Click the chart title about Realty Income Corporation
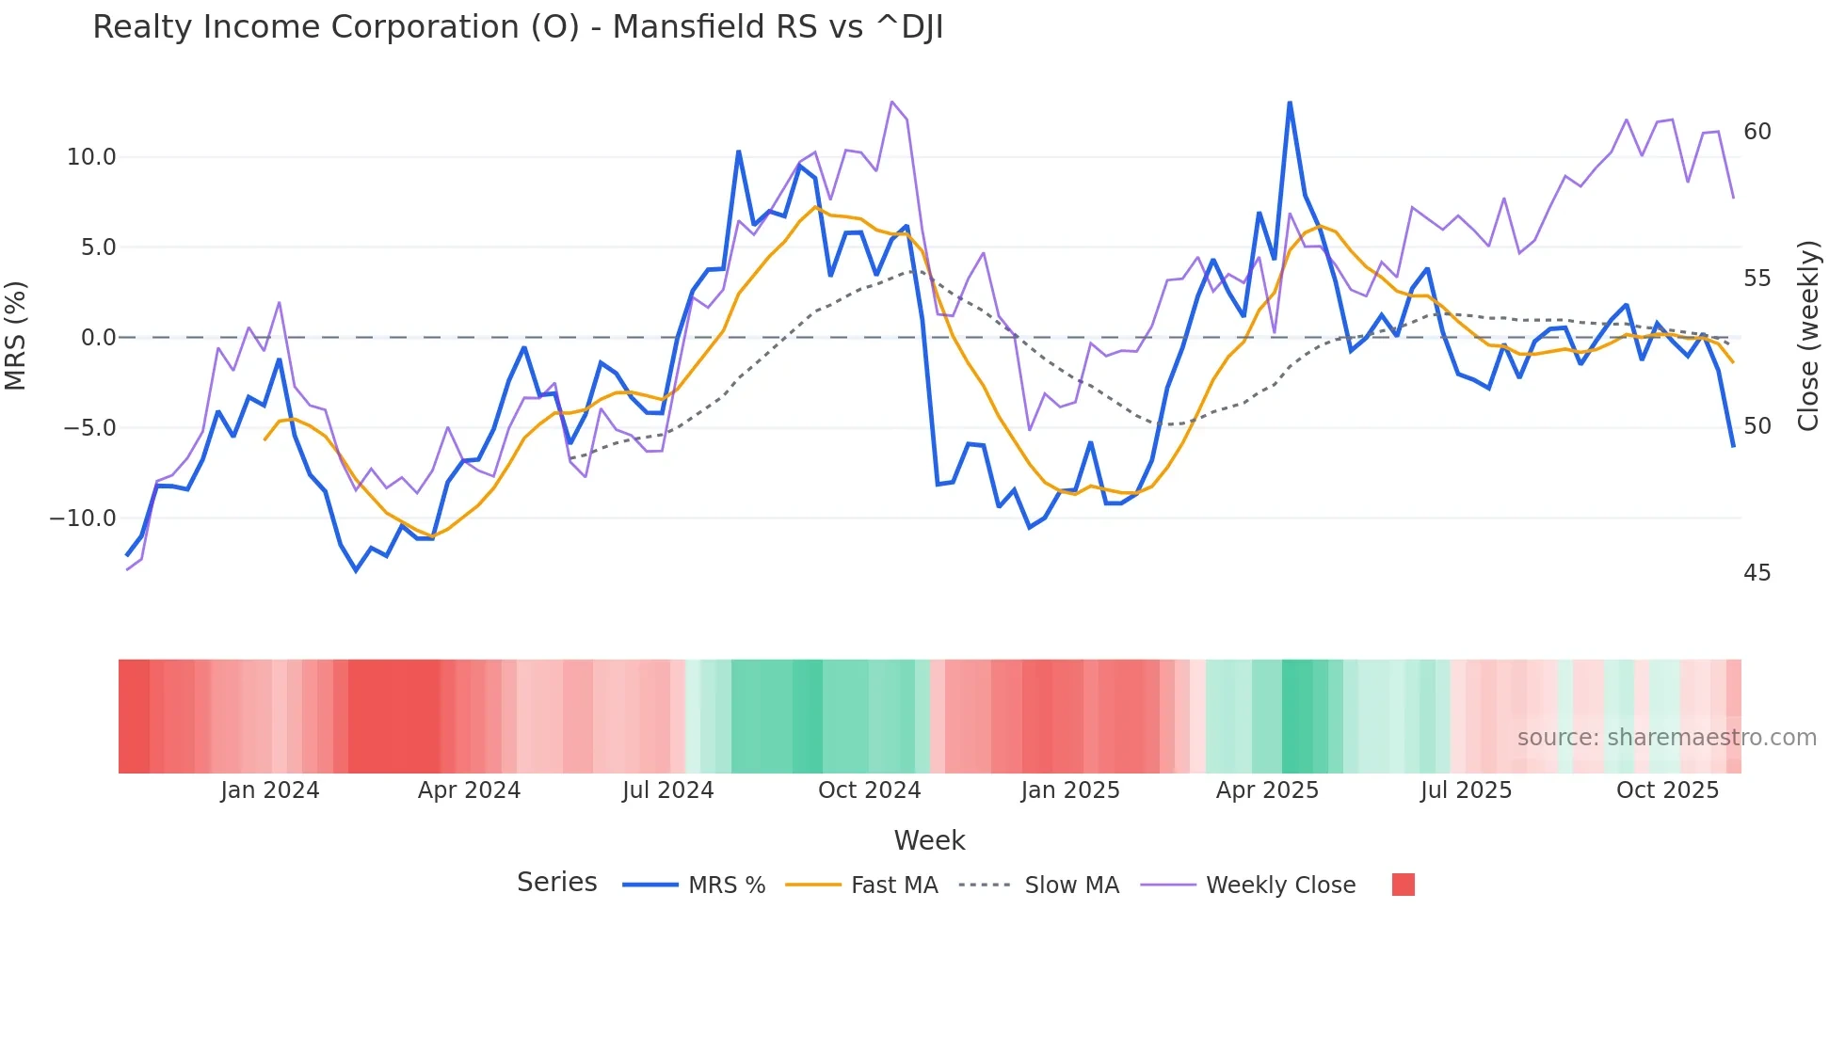pos(518,27)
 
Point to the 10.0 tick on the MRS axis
pos(91,157)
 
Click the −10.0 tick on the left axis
pos(83,518)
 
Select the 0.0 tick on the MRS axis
pos(98,338)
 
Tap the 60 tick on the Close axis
pos(1757,132)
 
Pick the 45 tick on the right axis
pos(1757,573)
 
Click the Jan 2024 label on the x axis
pos(270,790)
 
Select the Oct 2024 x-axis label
pos(869,790)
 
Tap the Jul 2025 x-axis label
pos(1466,790)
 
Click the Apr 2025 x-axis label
pos(1267,790)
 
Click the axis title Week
pos(929,840)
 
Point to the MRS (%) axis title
pos(16,335)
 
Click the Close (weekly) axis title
pos(1807,336)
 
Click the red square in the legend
pos(1403,885)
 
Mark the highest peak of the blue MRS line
pos(1290,103)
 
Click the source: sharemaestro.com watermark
pos(1666,738)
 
